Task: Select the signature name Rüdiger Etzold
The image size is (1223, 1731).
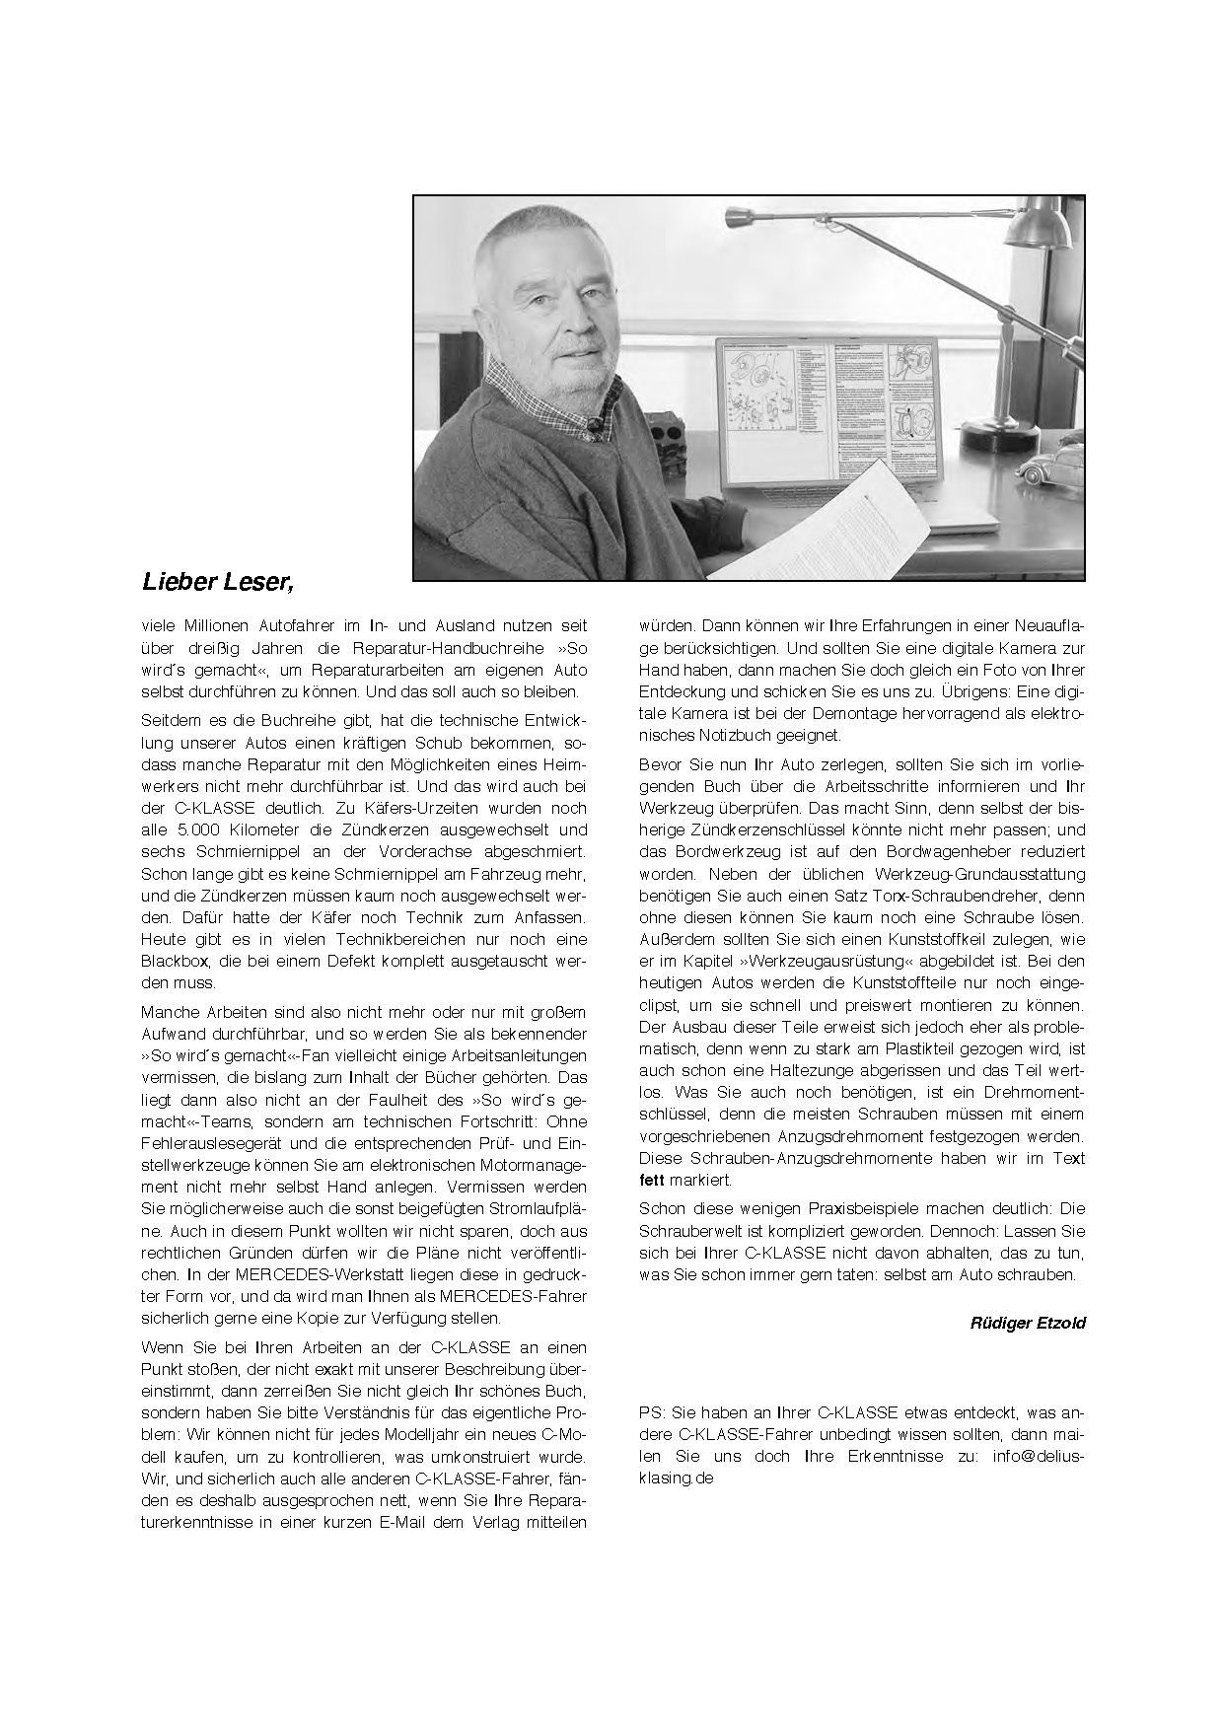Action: point(1027,1323)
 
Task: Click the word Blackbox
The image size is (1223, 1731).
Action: point(177,961)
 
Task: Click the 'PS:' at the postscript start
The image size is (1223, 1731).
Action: point(651,1411)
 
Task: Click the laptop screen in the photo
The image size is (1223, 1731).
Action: point(829,414)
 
